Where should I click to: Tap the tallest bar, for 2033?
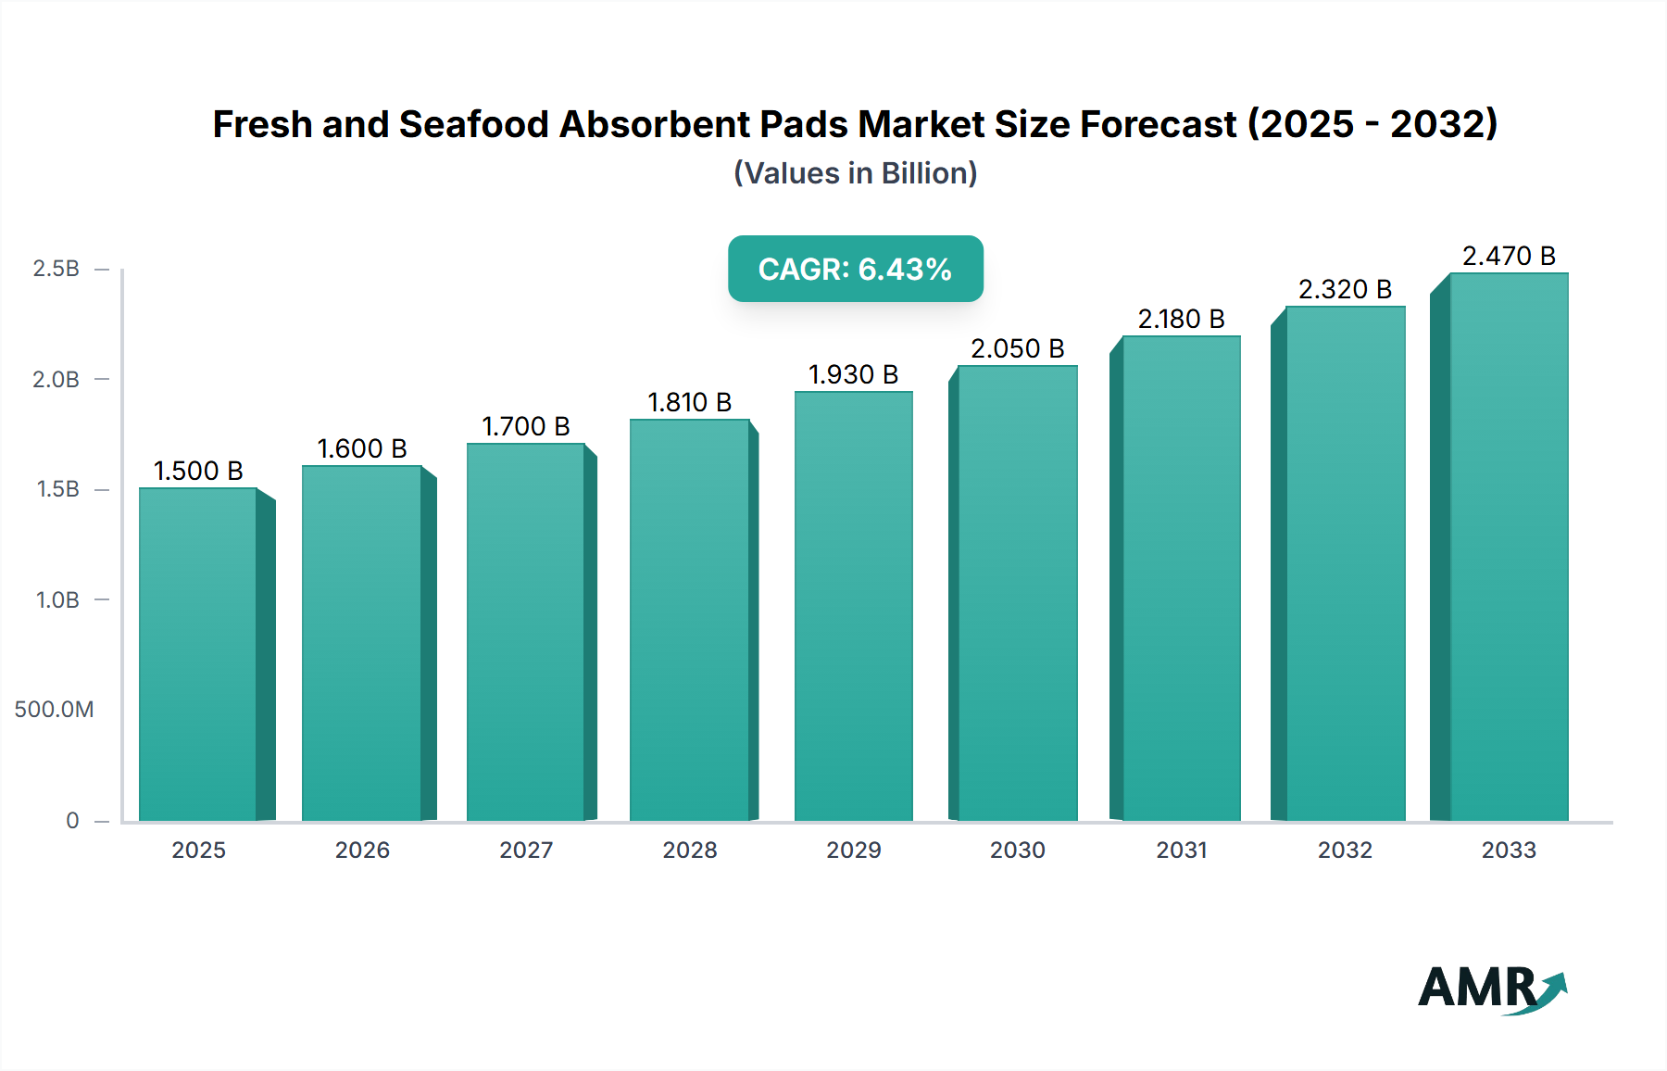point(1508,547)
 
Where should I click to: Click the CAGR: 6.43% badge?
point(855,269)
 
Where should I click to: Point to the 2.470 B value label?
point(1508,256)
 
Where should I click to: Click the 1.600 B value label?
point(362,448)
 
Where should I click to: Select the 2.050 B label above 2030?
point(1017,348)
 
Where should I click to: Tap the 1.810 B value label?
point(689,402)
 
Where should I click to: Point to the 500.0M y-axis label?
point(54,710)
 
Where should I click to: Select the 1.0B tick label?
point(57,599)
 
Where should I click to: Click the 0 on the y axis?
point(72,820)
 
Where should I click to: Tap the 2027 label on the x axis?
point(526,850)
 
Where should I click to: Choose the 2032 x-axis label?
point(1345,850)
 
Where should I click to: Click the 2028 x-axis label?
point(689,850)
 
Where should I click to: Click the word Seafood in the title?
point(473,124)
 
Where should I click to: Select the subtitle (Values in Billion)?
point(855,173)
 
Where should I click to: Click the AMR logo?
point(1491,988)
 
